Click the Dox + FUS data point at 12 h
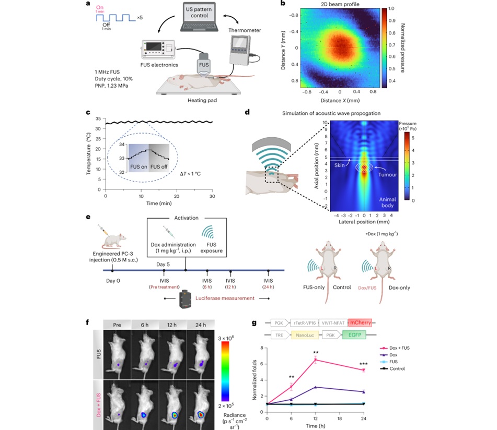coord(316,360)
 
